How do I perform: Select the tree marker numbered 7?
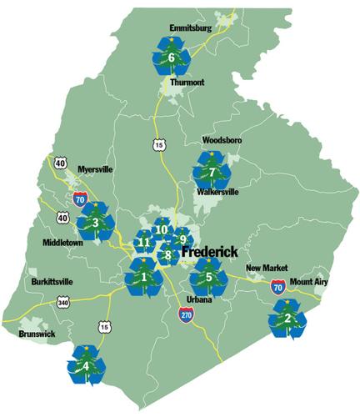pos(212,171)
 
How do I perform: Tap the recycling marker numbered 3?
pos(95,222)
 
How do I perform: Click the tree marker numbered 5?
pos(209,276)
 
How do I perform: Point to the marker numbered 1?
pos(143,276)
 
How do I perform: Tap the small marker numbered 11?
pos(144,243)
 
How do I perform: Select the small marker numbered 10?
pos(162,230)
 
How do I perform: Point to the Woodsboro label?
pos(222,141)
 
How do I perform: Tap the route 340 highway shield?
pos(63,303)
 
